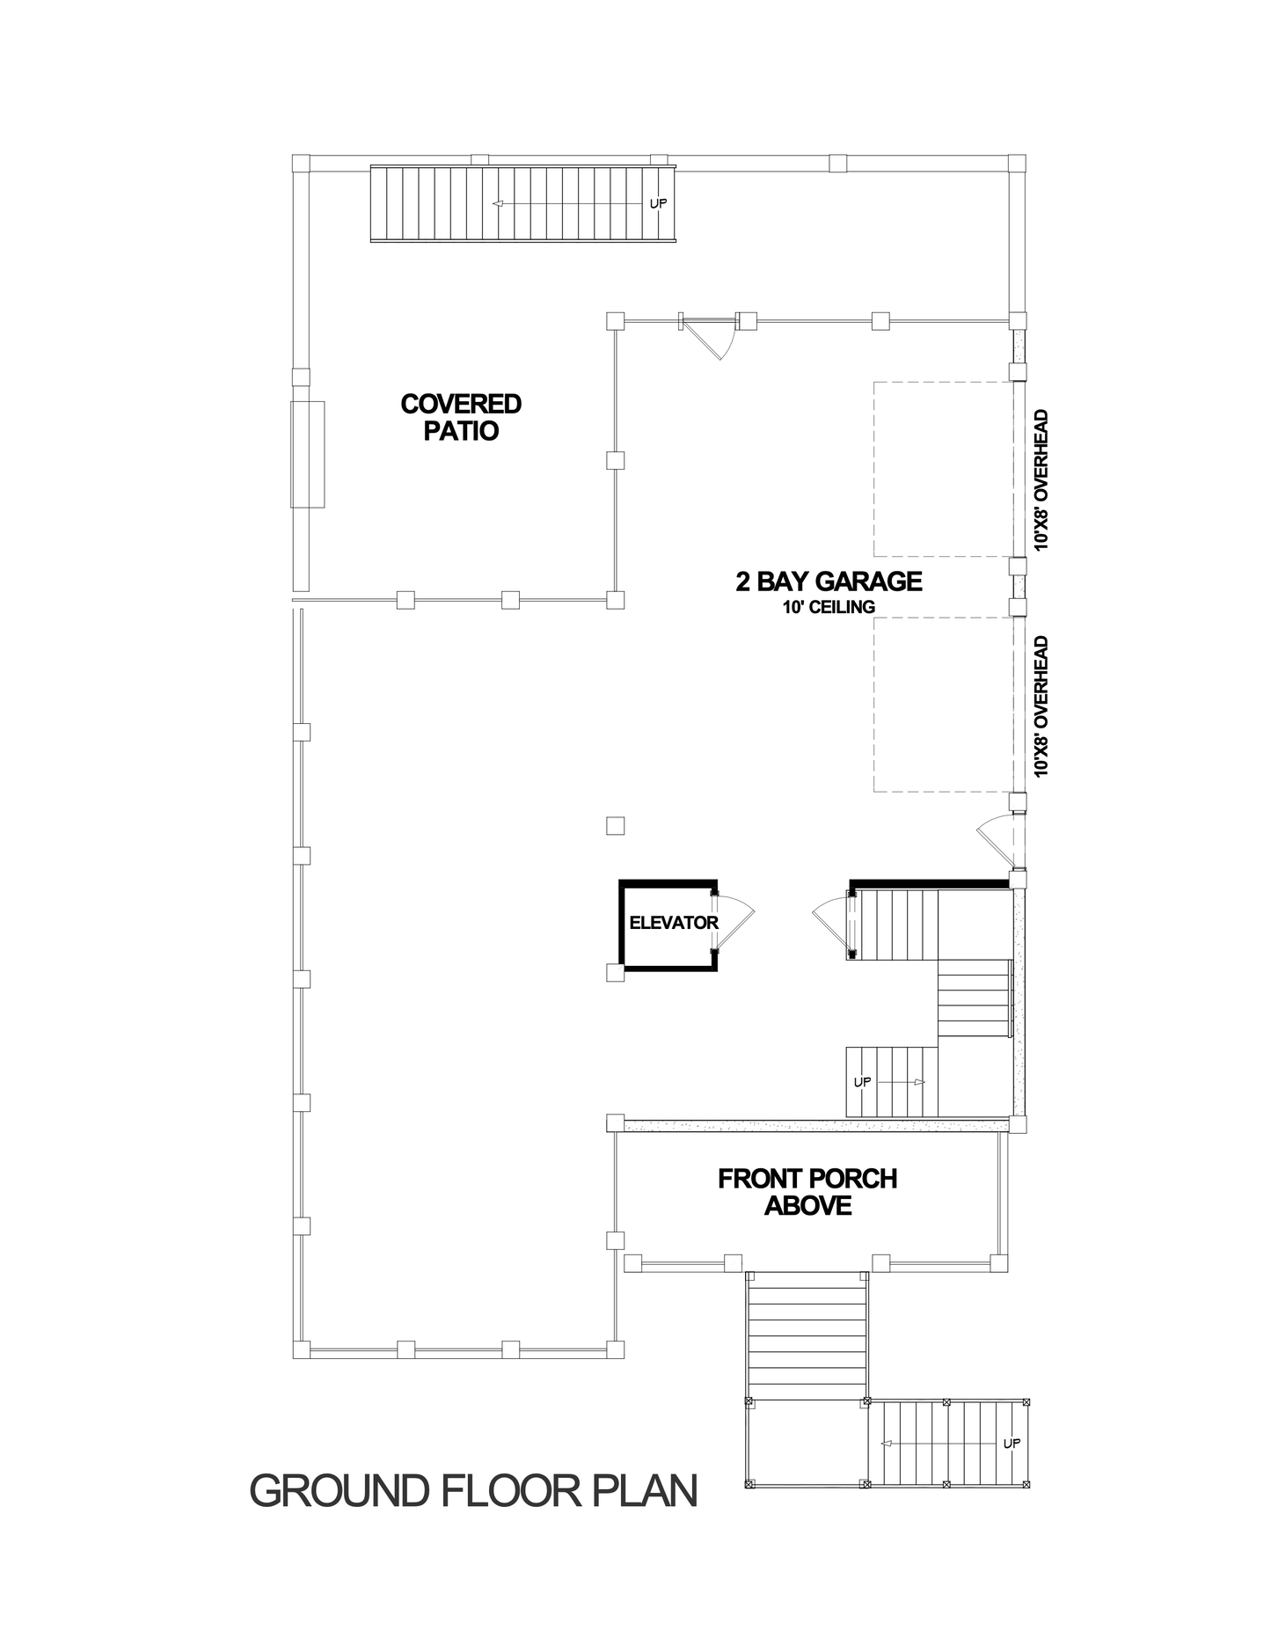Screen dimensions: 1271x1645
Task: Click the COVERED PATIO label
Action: (x=461, y=417)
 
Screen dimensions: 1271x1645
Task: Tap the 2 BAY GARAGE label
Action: (x=829, y=581)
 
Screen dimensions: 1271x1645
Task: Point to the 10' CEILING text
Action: (x=829, y=607)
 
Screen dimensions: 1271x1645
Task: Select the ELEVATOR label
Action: (x=674, y=923)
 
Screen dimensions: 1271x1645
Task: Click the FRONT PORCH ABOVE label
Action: (x=807, y=1192)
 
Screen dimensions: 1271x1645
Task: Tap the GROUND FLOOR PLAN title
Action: (x=474, y=1491)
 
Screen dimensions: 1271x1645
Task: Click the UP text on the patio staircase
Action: (x=658, y=203)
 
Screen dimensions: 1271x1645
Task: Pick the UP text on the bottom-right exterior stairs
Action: (x=1012, y=1444)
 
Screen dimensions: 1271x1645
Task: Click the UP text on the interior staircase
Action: (x=862, y=1082)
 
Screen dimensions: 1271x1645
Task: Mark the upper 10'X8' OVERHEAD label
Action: (x=1042, y=480)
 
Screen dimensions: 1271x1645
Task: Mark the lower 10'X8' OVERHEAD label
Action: (x=1042, y=706)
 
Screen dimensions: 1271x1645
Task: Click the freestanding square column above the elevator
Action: (x=616, y=825)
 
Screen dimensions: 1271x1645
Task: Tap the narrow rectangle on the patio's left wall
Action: (x=308, y=454)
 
